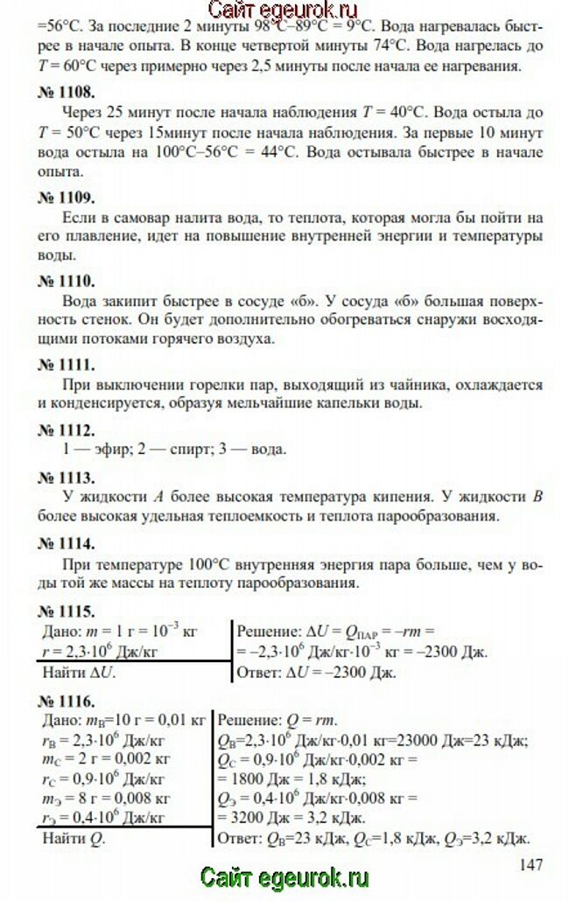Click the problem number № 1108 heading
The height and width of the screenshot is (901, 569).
tap(67, 90)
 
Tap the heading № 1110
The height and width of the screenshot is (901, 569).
tap(67, 281)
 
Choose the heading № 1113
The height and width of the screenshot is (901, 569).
tap(67, 478)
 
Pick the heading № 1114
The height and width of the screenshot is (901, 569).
tap(67, 543)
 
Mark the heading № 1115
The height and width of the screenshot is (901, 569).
tap(67, 611)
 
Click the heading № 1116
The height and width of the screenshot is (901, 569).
tap(67, 701)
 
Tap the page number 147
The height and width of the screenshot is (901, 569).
tap(531, 864)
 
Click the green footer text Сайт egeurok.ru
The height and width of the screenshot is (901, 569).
tap(284, 877)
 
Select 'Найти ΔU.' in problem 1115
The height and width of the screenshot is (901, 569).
tap(79, 674)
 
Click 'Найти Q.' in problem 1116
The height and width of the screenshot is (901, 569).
tap(74, 838)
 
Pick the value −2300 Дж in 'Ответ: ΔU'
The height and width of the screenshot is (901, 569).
tap(357, 674)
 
